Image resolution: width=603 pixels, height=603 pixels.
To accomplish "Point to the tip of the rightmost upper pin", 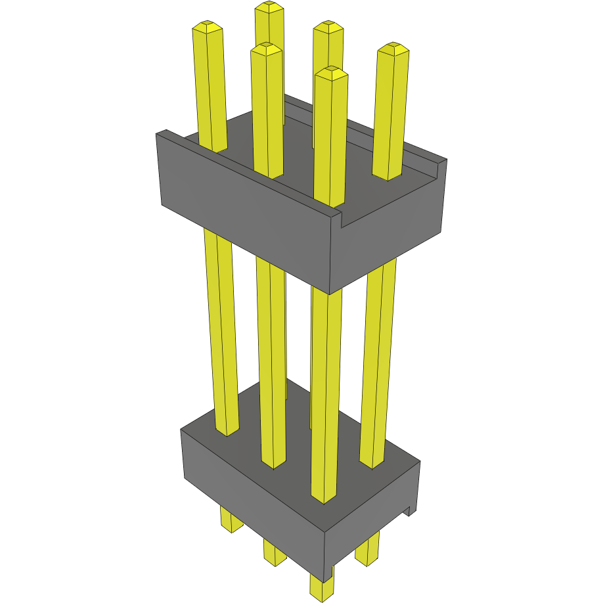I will tap(393, 49).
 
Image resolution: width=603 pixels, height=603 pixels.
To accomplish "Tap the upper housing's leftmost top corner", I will tap(158, 135).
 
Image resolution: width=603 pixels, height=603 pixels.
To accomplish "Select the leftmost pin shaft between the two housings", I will tap(221, 328).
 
